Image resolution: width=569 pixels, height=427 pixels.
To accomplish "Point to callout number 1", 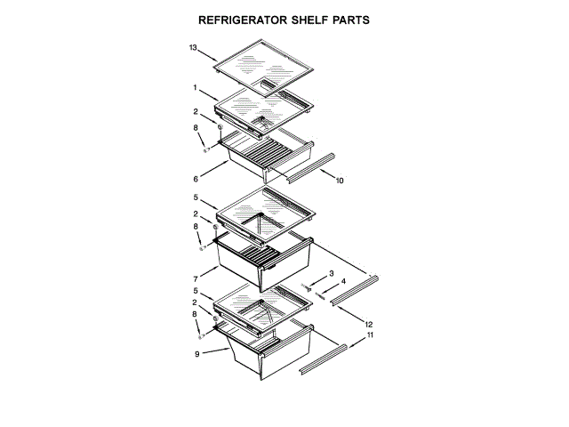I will pyautogui.click(x=194, y=87).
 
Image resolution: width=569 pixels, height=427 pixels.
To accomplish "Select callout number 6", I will pyautogui.click(x=196, y=177).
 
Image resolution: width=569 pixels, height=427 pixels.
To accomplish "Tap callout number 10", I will pyautogui.click(x=340, y=181).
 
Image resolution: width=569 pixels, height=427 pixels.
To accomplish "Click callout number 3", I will pyautogui.click(x=332, y=273).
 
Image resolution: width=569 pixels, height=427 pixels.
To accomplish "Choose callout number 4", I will pyautogui.click(x=344, y=282).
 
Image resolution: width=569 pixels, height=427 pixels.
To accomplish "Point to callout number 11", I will pyautogui.click(x=371, y=335).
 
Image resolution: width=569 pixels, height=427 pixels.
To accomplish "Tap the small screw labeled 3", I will pyautogui.click(x=308, y=286).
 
